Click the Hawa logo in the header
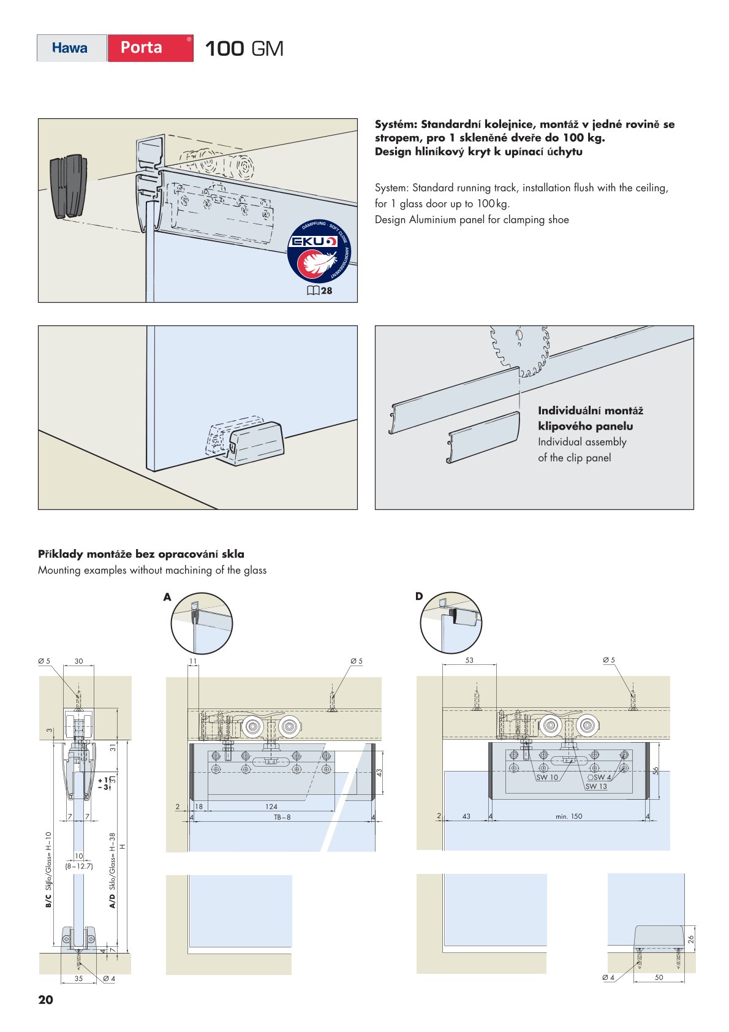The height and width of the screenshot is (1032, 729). [x=70, y=48]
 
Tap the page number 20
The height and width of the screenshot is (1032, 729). [x=45, y=1000]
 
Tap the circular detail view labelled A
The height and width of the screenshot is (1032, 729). [x=202, y=624]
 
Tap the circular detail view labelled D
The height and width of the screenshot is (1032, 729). [x=451, y=623]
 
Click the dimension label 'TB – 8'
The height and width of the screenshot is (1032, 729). [x=282, y=817]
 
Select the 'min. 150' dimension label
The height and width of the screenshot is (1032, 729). [x=568, y=816]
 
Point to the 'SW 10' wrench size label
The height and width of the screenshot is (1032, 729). [x=547, y=777]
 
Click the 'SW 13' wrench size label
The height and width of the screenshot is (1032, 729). [x=596, y=786]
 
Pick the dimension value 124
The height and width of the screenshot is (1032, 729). [x=271, y=806]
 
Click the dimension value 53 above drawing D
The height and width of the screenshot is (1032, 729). [x=469, y=660]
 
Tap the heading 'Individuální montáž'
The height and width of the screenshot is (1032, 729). [x=591, y=411]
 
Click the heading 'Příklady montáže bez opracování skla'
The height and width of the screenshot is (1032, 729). [x=141, y=554]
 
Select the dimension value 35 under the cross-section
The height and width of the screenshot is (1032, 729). [x=78, y=979]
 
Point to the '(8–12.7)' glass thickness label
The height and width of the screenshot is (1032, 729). [x=79, y=866]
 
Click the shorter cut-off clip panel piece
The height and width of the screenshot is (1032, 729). [x=483, y=437]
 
